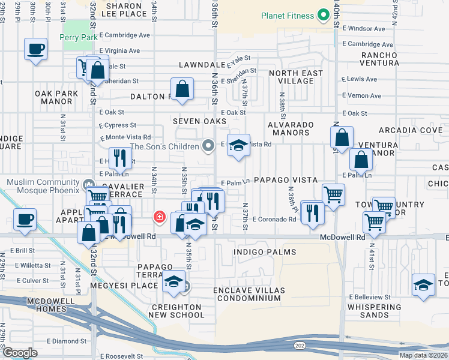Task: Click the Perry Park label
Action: [x=78, y=37]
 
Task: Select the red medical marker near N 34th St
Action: [x=160, y=217]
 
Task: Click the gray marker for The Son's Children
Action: [x=208, y=146]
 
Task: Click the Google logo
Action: [x=20, y=352]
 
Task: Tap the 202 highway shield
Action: [x=300, y=346]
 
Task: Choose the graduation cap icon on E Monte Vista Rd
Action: [x=239, y=146]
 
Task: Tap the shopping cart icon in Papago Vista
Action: [x=333, y=194]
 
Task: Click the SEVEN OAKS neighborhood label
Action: [x=199, y=121]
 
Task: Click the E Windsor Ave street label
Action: [x=364, y=28]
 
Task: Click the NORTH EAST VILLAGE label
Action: [x=295, y=77]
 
